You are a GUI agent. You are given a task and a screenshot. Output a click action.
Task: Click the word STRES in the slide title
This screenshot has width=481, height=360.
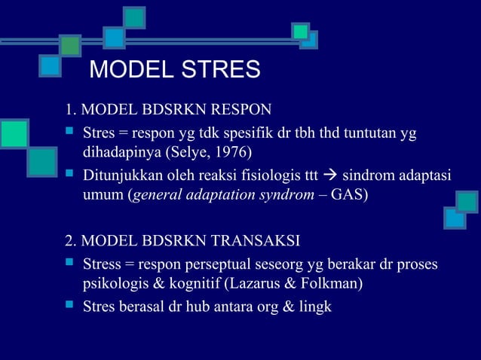click(222, 70)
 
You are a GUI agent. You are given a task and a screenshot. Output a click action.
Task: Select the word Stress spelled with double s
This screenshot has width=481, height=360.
click(103, 264)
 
